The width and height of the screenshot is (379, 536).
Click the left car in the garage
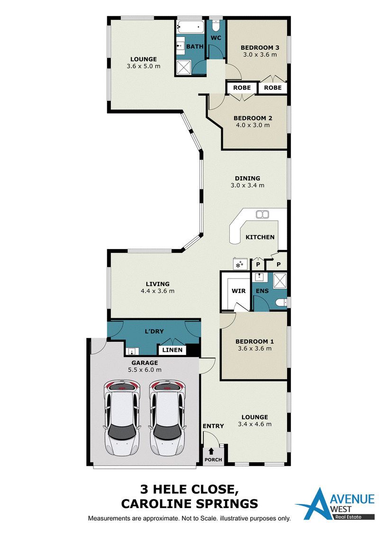point(122,418)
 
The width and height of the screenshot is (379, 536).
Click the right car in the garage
point(167,418)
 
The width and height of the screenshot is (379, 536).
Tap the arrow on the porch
point(211,452)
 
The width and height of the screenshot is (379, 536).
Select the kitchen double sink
point(262,214)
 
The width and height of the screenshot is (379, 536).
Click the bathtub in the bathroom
point(190,27)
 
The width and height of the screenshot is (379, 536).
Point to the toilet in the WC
point(216,26)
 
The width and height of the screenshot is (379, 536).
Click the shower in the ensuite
point(280,280)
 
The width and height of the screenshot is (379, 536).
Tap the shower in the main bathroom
point(184,67)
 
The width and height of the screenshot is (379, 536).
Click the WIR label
point(238,291)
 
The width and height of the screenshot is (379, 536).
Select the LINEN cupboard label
point(172,350)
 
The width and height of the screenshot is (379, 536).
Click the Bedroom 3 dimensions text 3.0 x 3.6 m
point(260,54)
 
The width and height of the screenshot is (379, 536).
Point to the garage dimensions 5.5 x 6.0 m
point(144,369)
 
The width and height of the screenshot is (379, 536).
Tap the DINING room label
point(247,178)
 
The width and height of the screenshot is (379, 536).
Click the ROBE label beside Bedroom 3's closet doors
point(272,88)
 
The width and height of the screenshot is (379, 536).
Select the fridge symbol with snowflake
point(239,264)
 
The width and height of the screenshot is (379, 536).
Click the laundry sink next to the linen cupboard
point(132,351)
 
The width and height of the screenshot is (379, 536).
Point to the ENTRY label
point(213,426)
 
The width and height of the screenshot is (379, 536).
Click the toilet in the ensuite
point(282,302)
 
